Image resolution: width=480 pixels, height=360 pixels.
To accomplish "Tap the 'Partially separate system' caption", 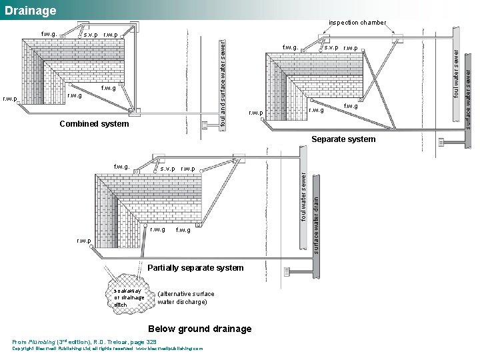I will pos(195,267).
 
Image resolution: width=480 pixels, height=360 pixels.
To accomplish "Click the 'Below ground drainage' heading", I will pos(200,329).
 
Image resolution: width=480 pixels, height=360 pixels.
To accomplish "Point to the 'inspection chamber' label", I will pos(357,23).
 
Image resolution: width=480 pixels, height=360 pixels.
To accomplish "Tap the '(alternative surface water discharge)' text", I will pos(186,298).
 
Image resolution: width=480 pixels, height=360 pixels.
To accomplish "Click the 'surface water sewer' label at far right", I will pos(469,93).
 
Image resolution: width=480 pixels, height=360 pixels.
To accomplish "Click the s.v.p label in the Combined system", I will pos(90,35).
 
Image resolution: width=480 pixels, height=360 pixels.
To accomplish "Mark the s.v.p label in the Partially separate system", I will pos(168,169).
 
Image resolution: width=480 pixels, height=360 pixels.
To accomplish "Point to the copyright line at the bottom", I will pos(107,349).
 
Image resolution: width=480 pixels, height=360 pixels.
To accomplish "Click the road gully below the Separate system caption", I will pos(444,142).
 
